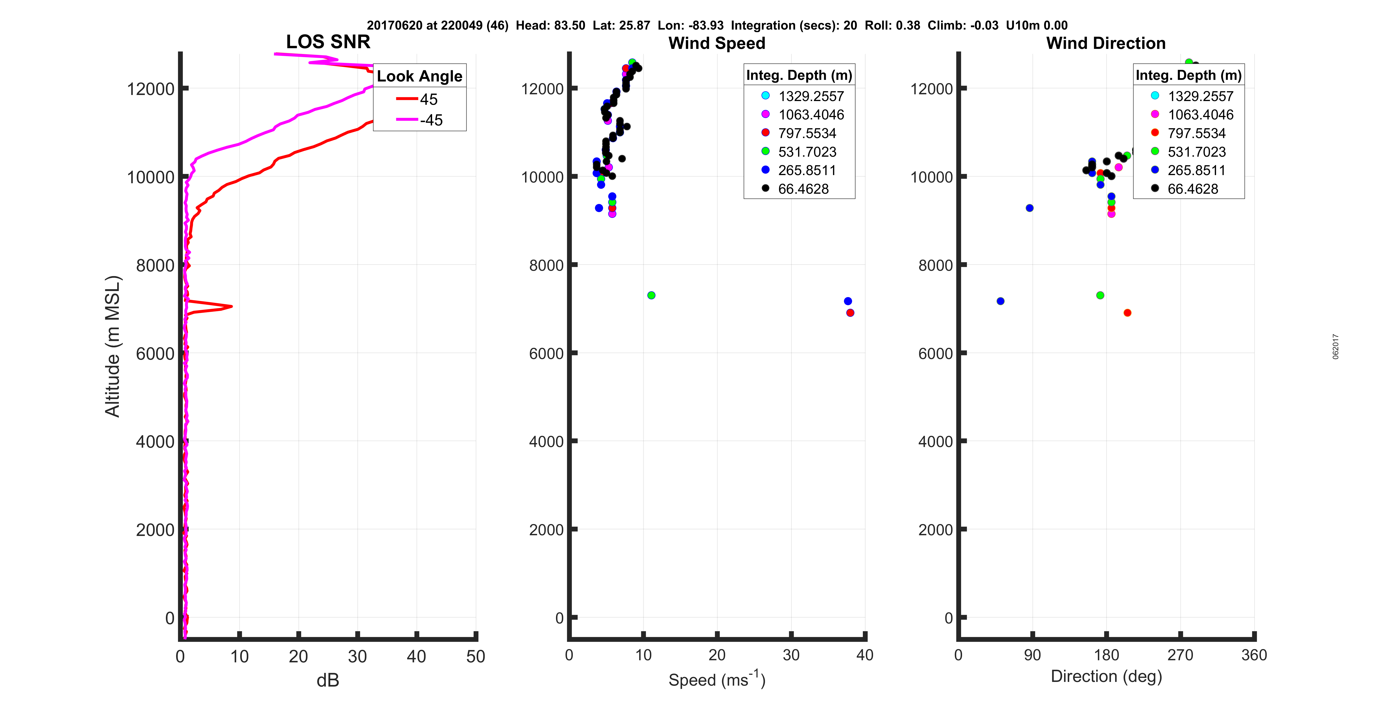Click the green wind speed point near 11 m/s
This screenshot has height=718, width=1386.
651,295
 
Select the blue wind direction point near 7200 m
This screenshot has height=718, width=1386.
1000,301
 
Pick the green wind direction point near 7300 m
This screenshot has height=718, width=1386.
1100,295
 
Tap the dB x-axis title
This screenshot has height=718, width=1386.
328,680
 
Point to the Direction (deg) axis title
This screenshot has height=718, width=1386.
1106,676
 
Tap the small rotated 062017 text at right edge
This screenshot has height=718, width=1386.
1335,346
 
